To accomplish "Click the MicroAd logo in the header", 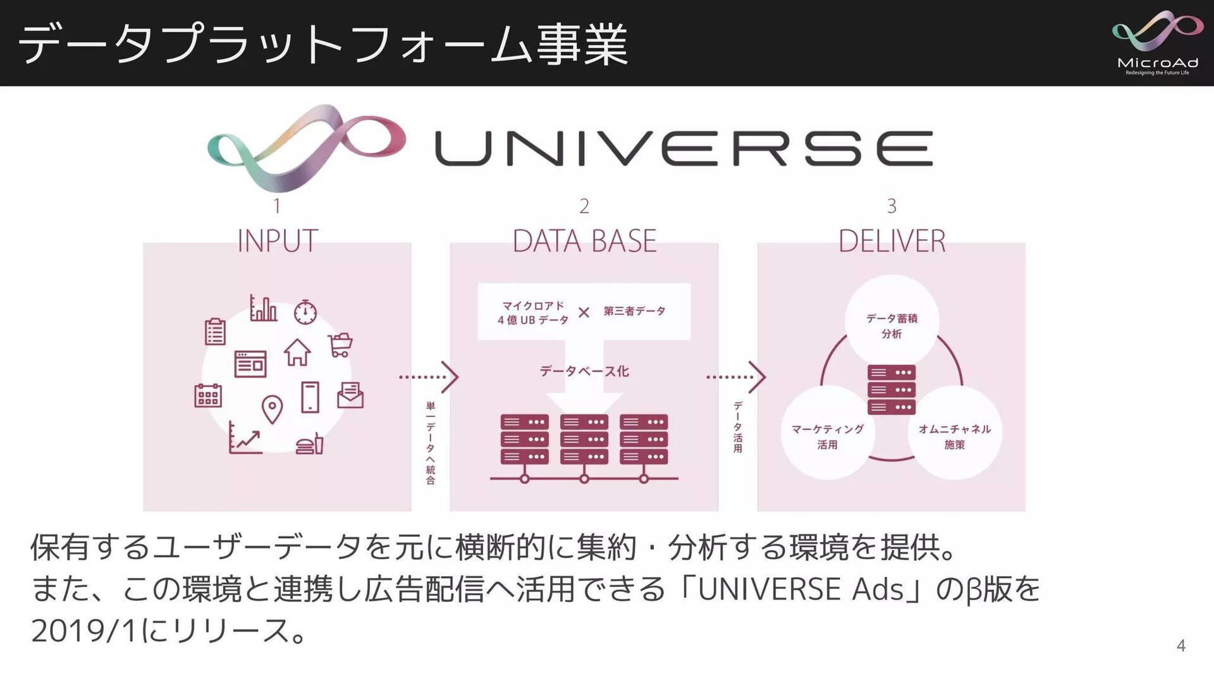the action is click(1157, 43).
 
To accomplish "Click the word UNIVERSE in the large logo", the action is click(683, 149).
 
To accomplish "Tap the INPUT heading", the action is click(277, 241).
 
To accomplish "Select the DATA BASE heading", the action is click(584, 241).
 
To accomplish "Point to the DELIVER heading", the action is click(892, 241).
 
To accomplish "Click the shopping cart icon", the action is click(340, 345).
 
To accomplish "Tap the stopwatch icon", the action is click(305, 311).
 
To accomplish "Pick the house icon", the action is click(297, 352).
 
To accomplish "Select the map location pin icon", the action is click(272, 409).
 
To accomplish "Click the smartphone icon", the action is click(310, 397).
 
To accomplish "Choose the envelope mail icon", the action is click(350, 396).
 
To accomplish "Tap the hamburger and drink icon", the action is click(310, 444).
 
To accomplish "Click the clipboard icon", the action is click(215, 331).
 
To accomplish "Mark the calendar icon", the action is click(208, 395).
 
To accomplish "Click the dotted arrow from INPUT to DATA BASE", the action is click(429, 377).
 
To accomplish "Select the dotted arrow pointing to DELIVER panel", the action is click(736, 377).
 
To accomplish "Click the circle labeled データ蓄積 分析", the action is click(892, 321).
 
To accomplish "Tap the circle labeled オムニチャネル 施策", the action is click(955, 433).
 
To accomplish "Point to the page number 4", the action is click(1180, 646).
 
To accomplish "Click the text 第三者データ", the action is click(634, 311).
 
